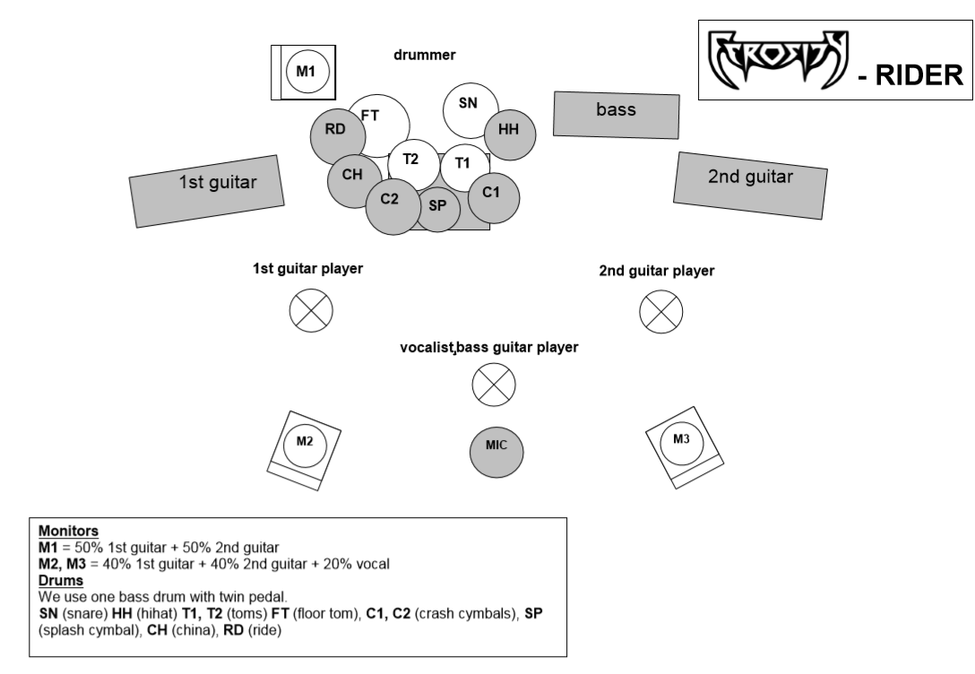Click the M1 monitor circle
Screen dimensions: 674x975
click(x=306, y=71)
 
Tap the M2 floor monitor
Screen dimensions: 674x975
click(x=305, y=443)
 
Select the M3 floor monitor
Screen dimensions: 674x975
click(x=682, y=440)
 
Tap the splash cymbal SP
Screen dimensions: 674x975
click(x=437, y=208)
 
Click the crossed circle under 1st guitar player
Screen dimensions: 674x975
click(x=311, y=311)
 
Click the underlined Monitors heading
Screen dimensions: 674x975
click(x=69, y=531)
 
